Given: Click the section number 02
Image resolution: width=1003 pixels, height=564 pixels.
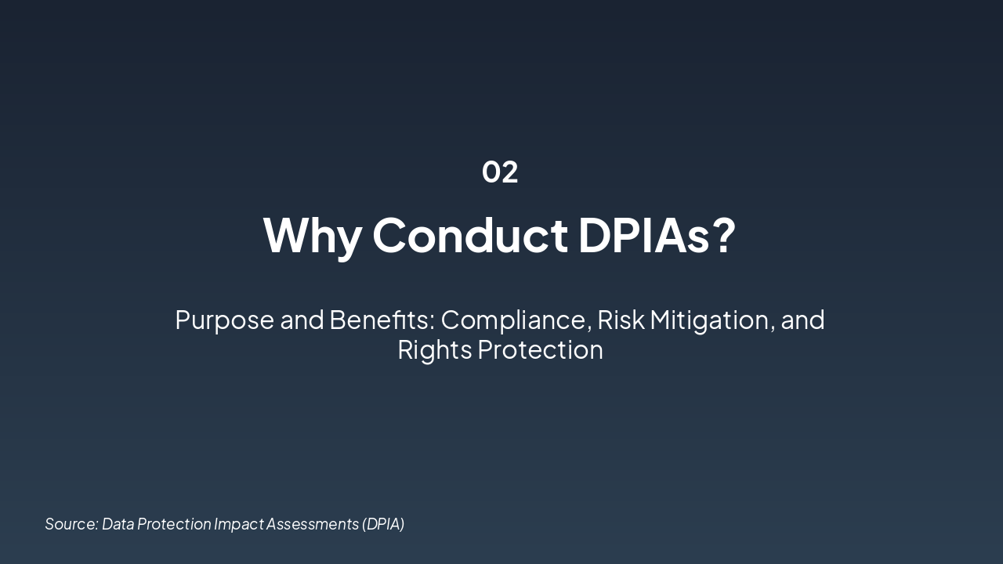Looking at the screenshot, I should point(500,172).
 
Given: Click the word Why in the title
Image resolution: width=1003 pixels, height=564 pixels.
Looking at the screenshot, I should point(311,235).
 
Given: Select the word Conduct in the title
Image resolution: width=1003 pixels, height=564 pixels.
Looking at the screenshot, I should point(469,235).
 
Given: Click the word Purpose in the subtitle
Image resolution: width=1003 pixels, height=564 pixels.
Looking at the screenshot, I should point(225,320).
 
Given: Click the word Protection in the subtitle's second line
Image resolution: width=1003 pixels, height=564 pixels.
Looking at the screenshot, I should point(540,349).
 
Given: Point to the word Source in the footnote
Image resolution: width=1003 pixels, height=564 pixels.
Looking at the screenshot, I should point(71,524).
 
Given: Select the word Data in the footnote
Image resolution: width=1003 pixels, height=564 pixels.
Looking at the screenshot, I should point(118,524).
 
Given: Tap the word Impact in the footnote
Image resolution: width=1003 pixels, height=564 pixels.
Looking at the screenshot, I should point(238,524).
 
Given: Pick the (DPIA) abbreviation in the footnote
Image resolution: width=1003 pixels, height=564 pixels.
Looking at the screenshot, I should point(383,524).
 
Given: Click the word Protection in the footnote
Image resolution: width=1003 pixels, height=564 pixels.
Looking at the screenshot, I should point(174,524).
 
